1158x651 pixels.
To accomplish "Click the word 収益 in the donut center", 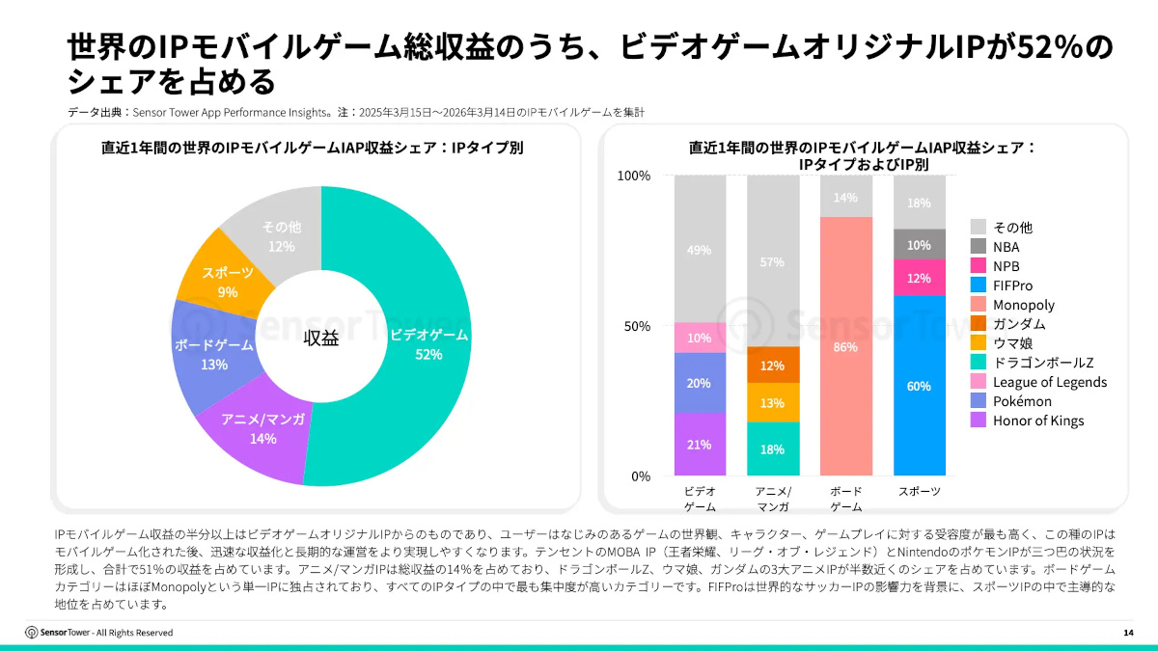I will click(x=321, y=338).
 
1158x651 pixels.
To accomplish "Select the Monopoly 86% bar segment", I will click(x=845, y=347).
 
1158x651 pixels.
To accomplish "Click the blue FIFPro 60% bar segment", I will click(x=919, y=386).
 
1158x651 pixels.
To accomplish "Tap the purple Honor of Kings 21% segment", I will click(x=700, y=445).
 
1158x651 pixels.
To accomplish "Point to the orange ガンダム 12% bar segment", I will click(x=772, y=365).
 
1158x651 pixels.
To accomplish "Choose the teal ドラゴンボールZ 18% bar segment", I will click(x=772, y=448).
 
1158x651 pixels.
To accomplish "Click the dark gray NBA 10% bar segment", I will click(x=919, y=244).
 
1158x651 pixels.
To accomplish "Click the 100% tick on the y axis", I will click(x=633, y=176).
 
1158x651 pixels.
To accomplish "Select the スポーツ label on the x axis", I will click(x=919, y=491).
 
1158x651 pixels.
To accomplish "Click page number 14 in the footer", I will click(x=1128, y=633).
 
